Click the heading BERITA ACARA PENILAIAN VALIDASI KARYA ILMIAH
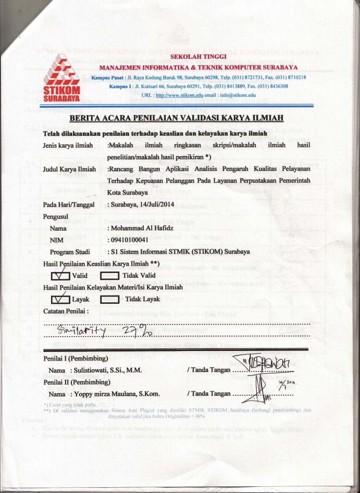pos(177,118)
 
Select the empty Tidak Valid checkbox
pos(110,276)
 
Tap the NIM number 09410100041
pos(135,240)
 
